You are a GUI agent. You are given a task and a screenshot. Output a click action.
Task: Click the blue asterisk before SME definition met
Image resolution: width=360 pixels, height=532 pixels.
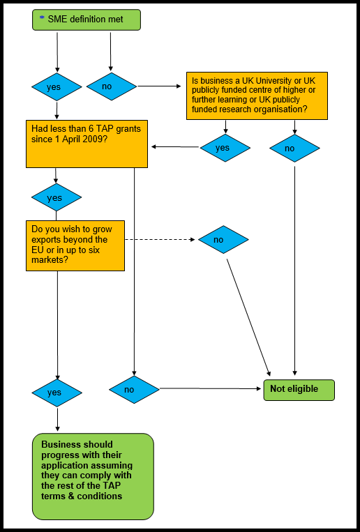click(42, 18)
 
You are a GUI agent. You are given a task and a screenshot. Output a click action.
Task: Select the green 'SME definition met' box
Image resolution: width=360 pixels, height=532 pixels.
click(87, 20)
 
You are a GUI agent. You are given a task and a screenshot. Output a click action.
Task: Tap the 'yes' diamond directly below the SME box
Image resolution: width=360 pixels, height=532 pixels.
click(57, 87)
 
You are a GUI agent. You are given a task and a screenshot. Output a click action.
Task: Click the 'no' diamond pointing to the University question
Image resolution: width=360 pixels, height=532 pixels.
click(112, 86)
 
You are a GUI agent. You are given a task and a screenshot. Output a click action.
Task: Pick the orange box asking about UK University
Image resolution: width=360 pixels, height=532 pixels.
click(257, 96)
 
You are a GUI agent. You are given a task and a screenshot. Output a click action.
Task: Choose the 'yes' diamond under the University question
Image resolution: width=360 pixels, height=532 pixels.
click(225, 148)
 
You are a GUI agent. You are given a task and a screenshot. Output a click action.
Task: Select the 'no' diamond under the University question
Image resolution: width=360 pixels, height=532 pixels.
click(294, 149)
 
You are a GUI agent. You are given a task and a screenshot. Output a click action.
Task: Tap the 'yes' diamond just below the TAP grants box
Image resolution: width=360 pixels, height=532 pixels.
click(57, 197)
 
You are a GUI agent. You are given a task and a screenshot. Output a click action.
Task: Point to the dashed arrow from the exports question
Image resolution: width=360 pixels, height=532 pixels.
click(160, 240)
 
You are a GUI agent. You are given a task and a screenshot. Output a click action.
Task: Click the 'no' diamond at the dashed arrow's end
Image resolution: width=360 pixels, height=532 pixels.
click(223, 240)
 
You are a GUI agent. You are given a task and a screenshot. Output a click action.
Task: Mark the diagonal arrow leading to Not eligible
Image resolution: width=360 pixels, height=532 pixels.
click(248, 317)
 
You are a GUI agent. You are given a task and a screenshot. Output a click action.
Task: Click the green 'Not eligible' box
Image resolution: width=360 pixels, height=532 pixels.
click(299, 390)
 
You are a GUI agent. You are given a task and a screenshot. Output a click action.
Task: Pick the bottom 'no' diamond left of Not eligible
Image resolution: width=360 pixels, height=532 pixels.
click(134, 390)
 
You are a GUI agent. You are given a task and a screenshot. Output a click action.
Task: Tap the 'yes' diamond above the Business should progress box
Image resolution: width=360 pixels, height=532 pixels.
click(57, 393)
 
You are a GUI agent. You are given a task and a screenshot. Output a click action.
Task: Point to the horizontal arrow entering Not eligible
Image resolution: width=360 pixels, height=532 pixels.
click(211, 389)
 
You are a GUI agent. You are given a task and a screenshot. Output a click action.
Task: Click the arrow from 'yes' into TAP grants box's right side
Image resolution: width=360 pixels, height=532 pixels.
click(175, 147)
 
